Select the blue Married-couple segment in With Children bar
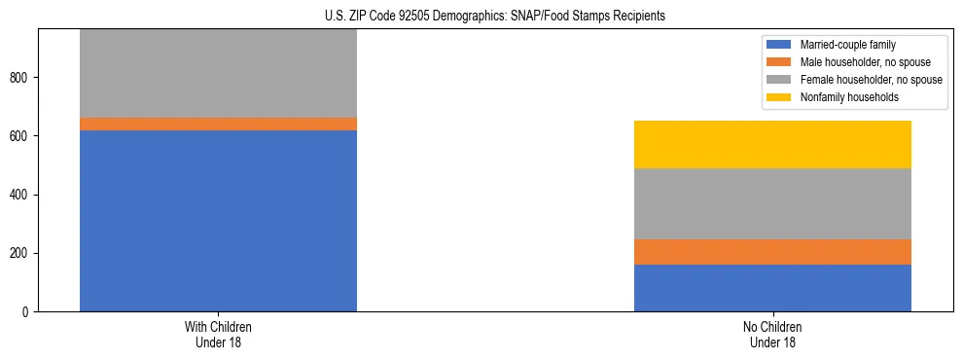click(x=218, y=220)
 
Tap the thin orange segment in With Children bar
click(x=218, y=124)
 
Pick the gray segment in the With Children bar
click(x=218, y=74)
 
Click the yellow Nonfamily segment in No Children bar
click(x=772, y=144)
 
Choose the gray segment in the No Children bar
click(x=772, y=203)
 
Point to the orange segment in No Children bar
click(x=772, y=252)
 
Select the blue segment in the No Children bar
click(x=772, y=288)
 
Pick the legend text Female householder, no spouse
click(x=871, y=80)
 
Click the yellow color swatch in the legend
click(x=780, y=97)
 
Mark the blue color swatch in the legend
click(x=780, y=45)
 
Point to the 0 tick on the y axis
click(x=29, y=312)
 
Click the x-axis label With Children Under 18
click(x=218, y=334)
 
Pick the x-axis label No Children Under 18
click(x=772, y=334)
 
